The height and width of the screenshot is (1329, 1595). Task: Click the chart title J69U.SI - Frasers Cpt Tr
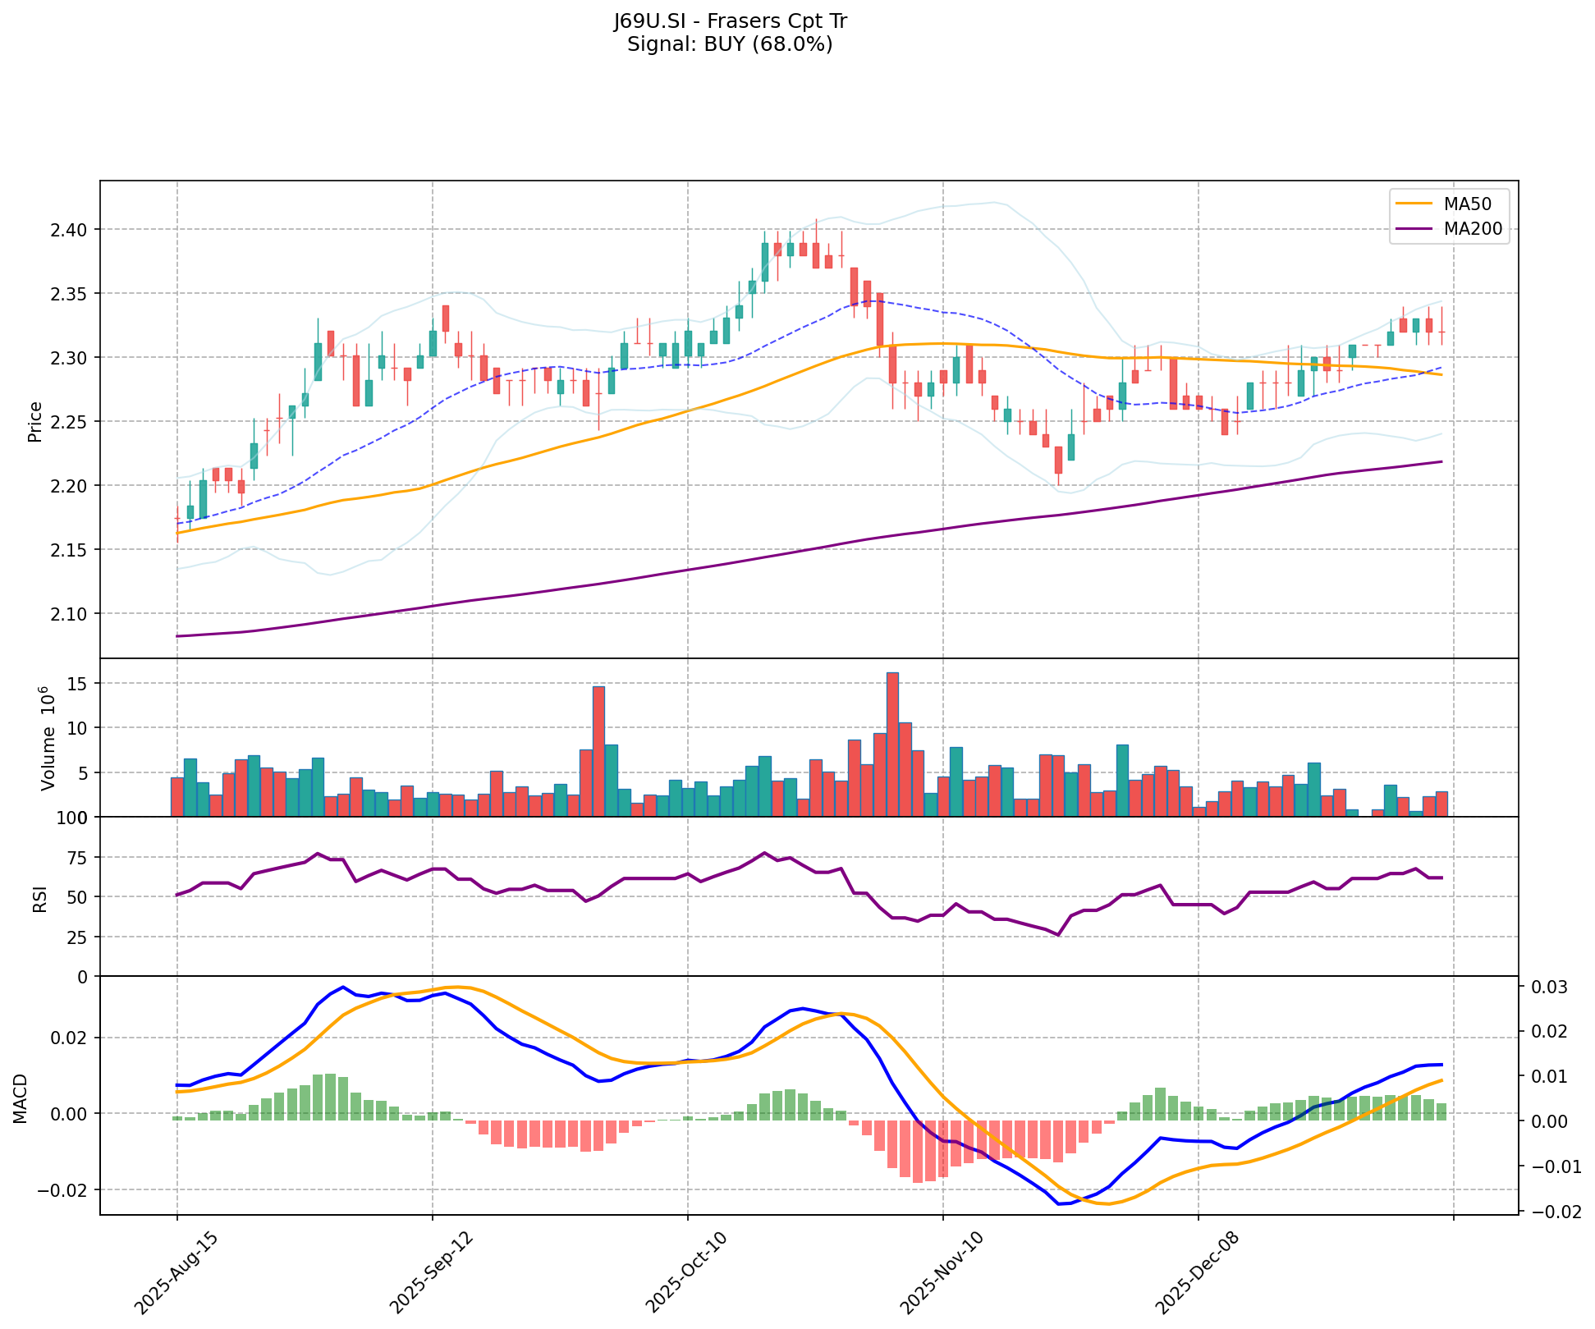[730, 21]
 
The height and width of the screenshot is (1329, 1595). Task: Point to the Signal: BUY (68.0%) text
[730, 44]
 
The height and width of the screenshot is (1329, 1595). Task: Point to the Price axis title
[34, 421]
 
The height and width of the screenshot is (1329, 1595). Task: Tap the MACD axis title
[21, 1098]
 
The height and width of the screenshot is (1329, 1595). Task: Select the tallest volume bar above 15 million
[892, 744]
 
